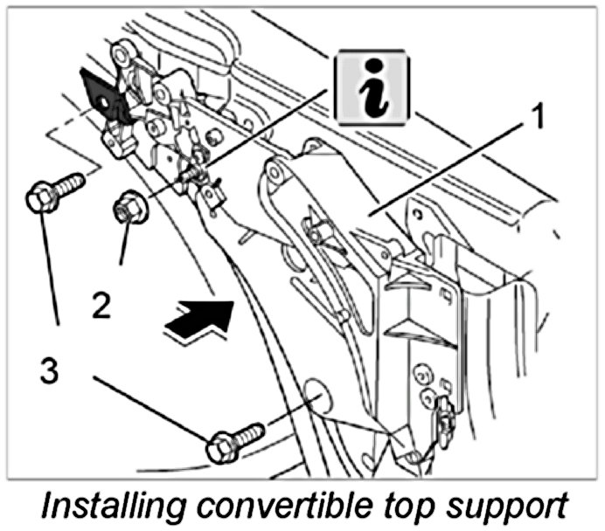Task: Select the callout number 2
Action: pos(101,306)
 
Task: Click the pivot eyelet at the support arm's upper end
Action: pos(279,174)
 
